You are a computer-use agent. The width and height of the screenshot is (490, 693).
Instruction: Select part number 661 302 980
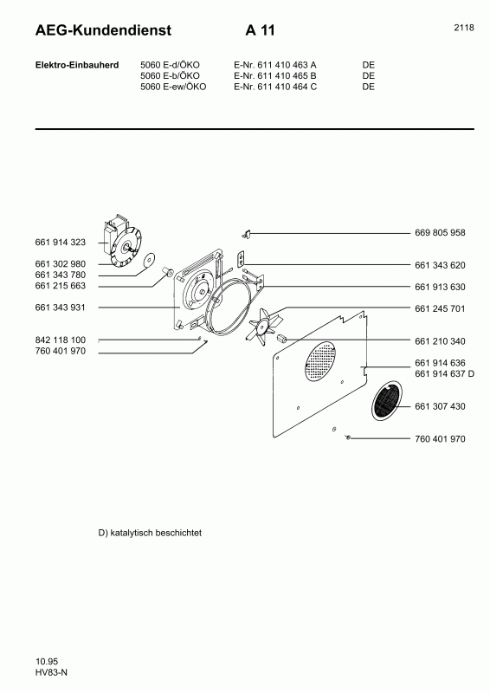point(61,263)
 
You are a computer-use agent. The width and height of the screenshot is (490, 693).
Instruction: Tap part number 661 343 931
point(61,308)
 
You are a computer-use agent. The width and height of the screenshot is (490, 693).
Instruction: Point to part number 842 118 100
point(61,340)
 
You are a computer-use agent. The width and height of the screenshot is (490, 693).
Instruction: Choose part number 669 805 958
point(440,233)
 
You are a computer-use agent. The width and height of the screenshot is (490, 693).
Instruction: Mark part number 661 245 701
point(440,308)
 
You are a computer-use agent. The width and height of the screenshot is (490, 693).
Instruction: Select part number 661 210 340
point(440,340)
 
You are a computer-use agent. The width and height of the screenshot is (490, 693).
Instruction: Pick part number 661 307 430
point(440,406)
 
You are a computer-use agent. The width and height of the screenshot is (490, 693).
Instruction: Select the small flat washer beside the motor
point(148,257)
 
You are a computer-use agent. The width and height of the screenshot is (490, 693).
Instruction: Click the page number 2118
point(463,28)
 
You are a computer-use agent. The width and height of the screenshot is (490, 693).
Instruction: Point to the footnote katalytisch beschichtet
point(151,533)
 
